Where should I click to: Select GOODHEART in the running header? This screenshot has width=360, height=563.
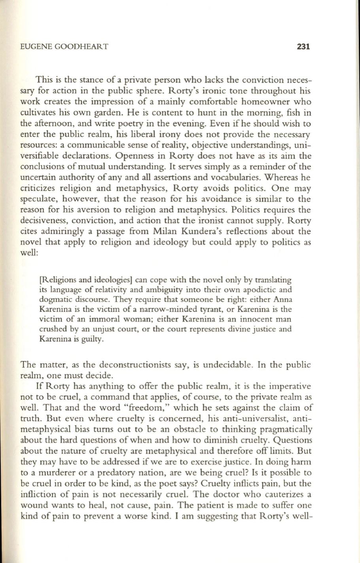pos(81,47)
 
